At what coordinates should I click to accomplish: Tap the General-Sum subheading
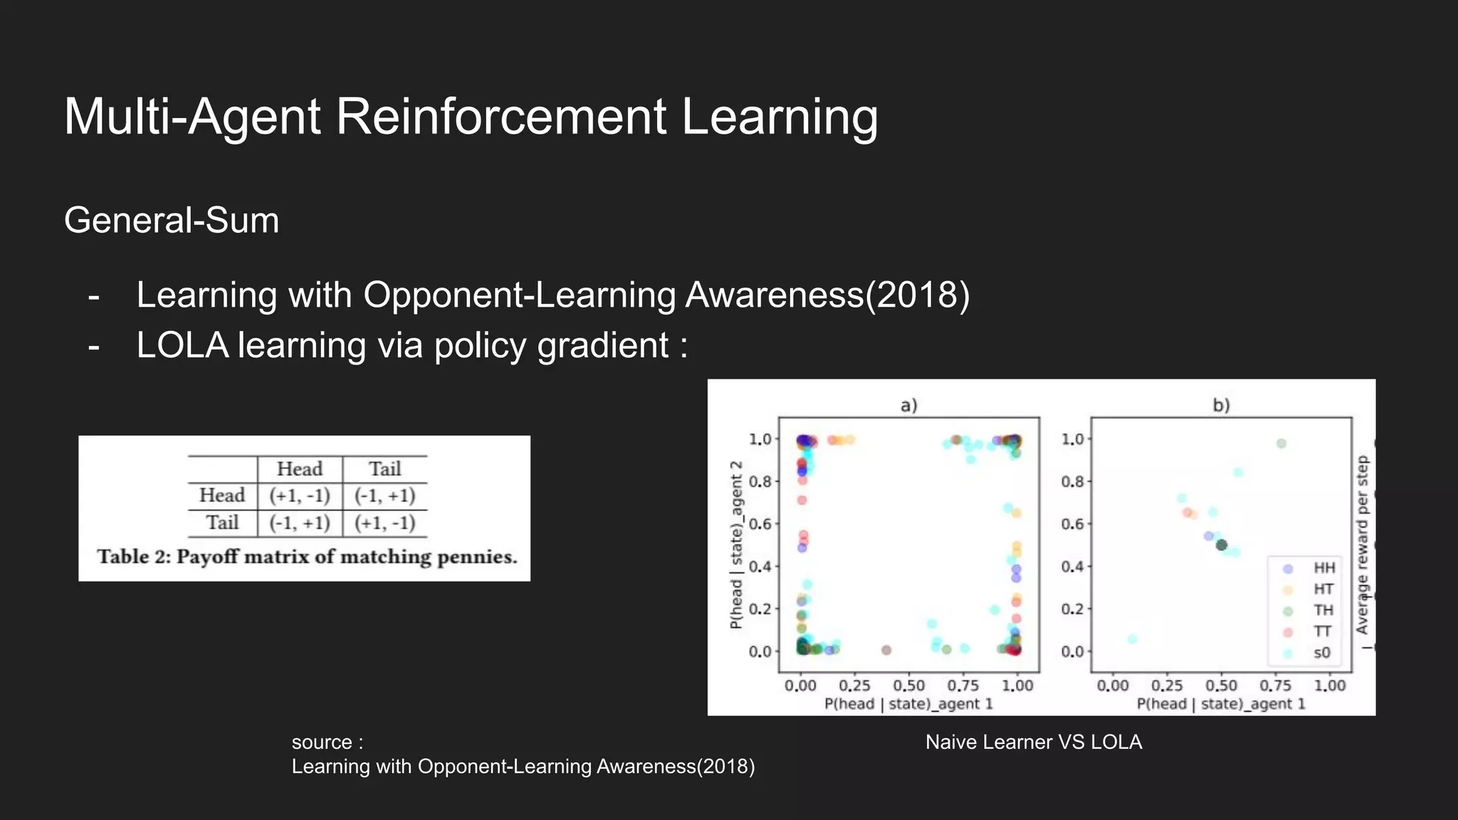pyautogui.click(x=172, y=221)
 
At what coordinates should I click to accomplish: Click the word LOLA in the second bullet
pyautogui.click(x=182, y=346)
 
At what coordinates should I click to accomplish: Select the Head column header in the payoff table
pyautogui.click(x=299, y=469)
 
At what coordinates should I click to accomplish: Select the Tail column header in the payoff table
pyautogui.click(x=384, y=469)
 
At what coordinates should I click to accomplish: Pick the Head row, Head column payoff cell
pyautogui.click(x=299, y=496)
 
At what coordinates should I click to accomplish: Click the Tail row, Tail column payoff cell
pyautogui.click(x=384, y=523)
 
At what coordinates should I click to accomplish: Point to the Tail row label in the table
pyautogui.click(x=222, y=523)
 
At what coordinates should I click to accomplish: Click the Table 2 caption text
pyautogui.click(x=307, y=557)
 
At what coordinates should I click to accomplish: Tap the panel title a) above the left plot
pyautogui.click(x=909, y=406)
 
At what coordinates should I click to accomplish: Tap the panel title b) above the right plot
pyautogui.click(x=1221, y=406)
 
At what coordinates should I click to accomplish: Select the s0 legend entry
pyautogui.click(x=1321, y=653)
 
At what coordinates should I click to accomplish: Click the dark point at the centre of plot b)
pyautogui.click(x=1222, y=545)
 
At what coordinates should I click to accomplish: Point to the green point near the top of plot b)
pyautogui.click(x=1281, y=443)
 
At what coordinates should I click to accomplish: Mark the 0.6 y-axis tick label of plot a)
pyautogui.click(x=760, y=524)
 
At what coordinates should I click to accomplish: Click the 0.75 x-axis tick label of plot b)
pyautogui.click(x=1275, y=685)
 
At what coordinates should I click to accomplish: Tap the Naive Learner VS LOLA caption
pyautogui.click(x=1034, y=742)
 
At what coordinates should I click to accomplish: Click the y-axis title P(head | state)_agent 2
pyautogui.click(x=737, y=545)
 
